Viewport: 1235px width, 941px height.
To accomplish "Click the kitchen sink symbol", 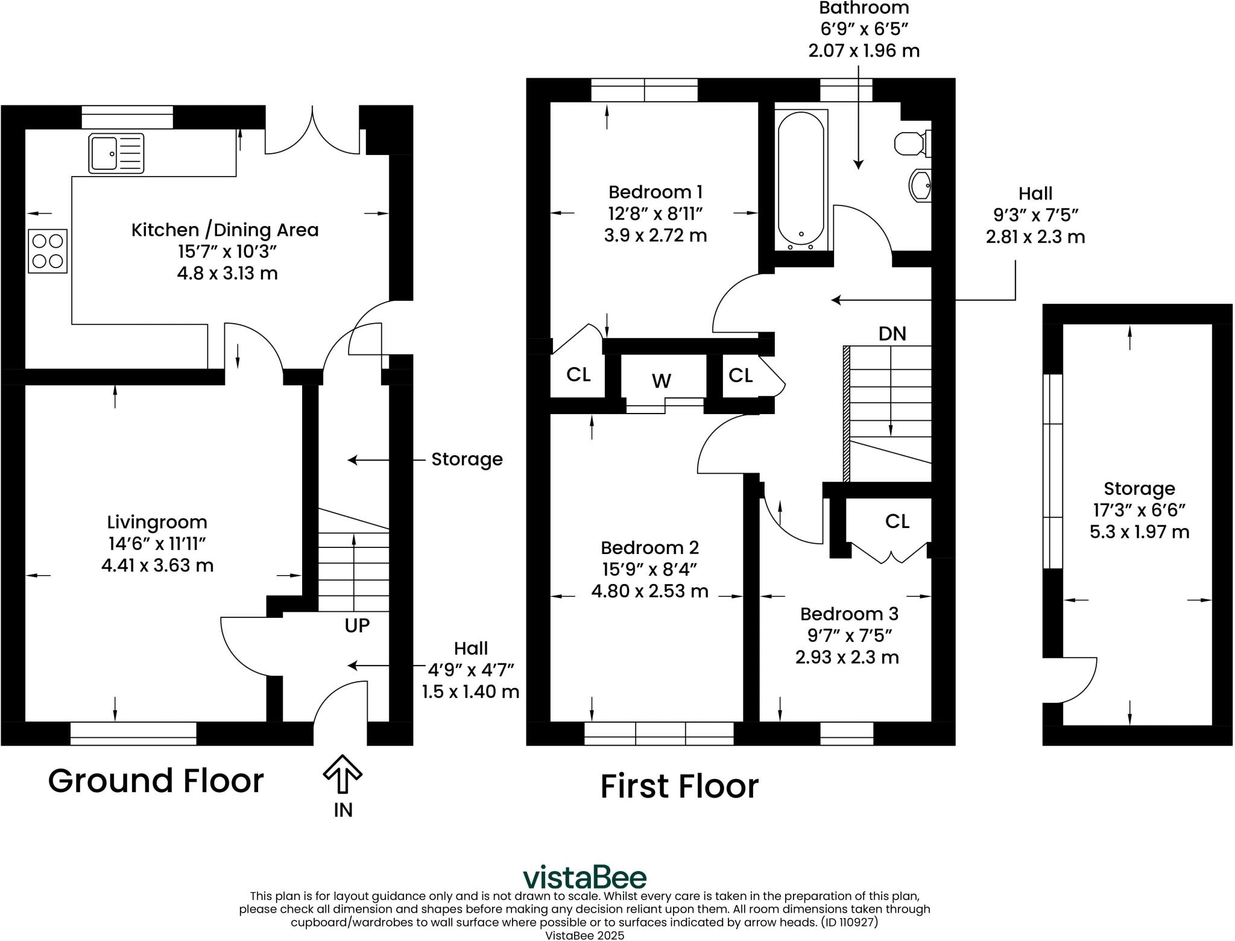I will [x=116, y=153].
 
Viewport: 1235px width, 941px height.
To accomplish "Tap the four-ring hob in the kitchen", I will [x=48, y=251].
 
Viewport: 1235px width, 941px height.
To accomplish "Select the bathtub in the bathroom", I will [x=801, y=180].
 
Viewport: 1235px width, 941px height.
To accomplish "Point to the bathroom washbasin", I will [x=921, y=185].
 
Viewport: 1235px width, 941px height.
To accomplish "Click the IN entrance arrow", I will [x=343, y=775].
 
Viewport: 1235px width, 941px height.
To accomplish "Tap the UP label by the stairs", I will [x=357, y=626].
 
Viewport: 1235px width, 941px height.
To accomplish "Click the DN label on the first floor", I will [x=892, y=333].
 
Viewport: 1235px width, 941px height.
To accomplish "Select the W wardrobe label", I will [x=661, y=381].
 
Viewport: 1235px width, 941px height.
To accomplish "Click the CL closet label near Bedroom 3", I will [x=897, y=521].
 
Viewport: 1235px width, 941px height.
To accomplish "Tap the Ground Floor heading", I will [x=156, y=781].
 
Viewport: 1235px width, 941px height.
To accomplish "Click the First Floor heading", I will [x=679, y=787].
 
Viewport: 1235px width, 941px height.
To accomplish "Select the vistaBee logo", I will [x=584, y=877].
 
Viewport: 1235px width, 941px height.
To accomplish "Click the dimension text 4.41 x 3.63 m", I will [x=157, y=565].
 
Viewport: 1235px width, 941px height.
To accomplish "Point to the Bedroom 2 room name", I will [x=649, y=547].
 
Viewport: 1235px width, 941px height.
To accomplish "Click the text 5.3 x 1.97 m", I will [x=1139, y=532].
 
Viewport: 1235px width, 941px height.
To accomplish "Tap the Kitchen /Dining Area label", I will [x=225, y=230].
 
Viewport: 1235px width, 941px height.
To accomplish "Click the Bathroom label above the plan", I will [x=864, y=8].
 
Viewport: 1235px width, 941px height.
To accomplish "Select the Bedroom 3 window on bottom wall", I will [x=846, y=733].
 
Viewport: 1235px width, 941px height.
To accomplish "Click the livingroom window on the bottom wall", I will [x=133, y=733].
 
